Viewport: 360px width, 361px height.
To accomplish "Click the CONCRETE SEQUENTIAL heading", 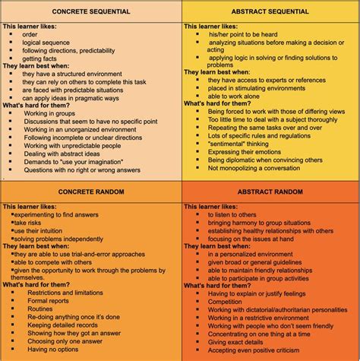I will pyautogui.click(x=90, y=12).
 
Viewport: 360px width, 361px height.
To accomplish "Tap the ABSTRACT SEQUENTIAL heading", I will pyautogui.click(x=270, y=12).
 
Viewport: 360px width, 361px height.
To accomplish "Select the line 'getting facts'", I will pyautogui.click(x=43, y=59).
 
